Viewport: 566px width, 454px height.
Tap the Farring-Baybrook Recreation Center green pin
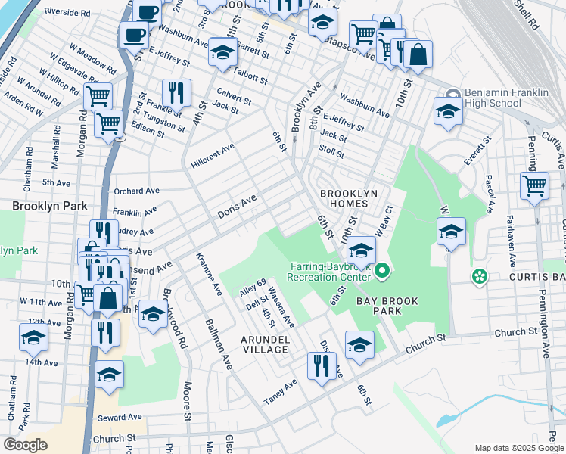tap(383, 270)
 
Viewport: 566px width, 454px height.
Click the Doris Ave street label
tap(237, 206)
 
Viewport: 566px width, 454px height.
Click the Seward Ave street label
tap(119, 417)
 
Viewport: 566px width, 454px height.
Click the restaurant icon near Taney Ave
tap(322, 365)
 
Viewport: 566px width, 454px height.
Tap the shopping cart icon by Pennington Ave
tap(534, 185)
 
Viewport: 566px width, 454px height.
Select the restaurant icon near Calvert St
tap(176, 92)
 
